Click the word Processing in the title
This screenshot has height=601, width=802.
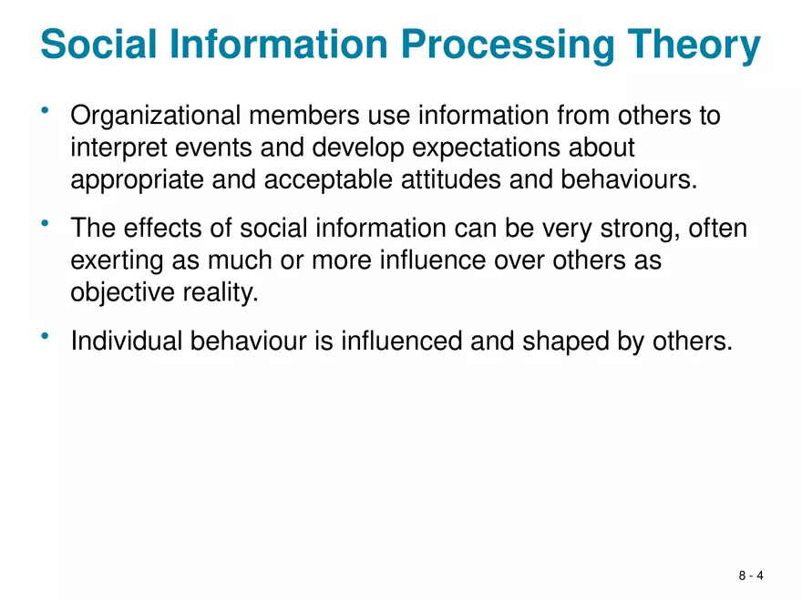coord(511,46)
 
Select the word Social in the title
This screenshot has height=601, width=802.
coord(96,46)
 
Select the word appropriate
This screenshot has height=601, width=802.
coord(137,178)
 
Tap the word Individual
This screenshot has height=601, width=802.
coord(127,341)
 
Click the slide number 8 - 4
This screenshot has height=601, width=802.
coord(751,576)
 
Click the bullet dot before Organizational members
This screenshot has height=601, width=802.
coord(45,111)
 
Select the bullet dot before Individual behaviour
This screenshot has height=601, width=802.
coord(45,336)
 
